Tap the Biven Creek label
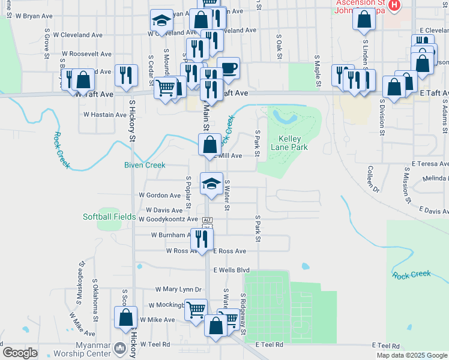[144, 165]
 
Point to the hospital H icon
[394, 6]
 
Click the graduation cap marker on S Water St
[211, 184]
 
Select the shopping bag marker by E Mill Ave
[209, 145]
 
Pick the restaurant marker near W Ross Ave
[202, 239]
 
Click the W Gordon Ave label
[160, 195]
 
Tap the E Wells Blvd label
[231, 270]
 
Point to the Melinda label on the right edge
[435, 178]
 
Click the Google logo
[20, 352]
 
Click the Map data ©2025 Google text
[411, 355]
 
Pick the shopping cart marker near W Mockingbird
[196, 310]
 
